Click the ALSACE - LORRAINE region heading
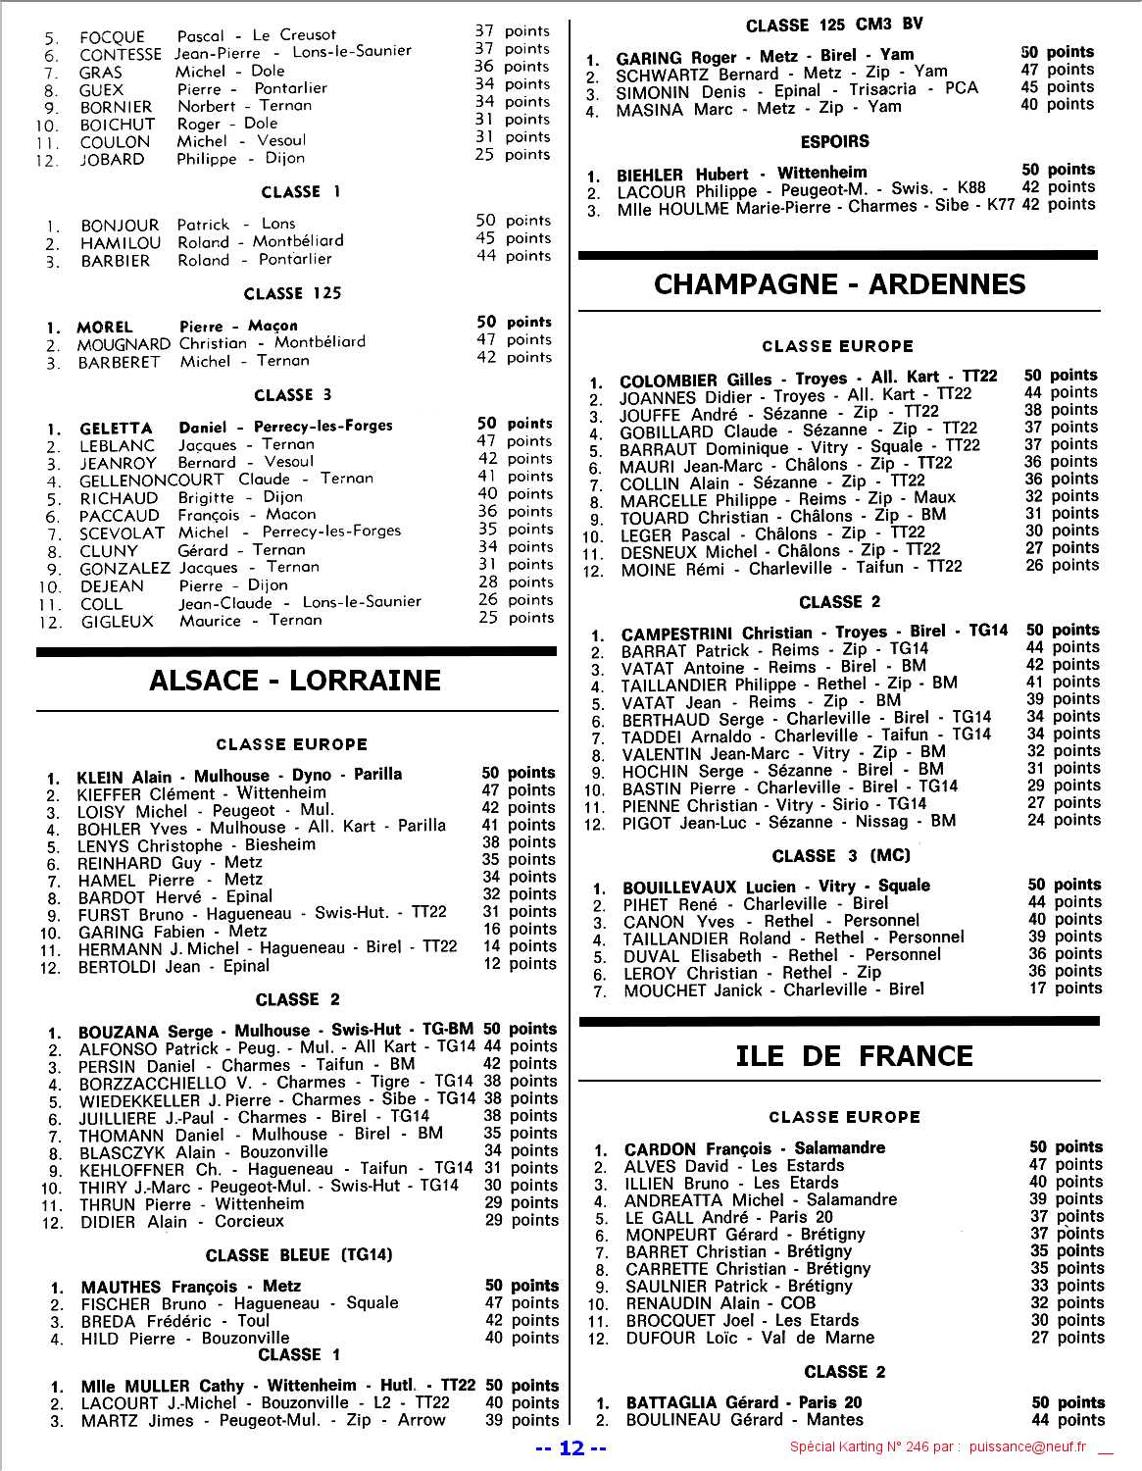coord(294,681)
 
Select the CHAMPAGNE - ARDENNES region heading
coord(839,284)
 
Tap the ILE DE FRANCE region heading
coord(854,1056)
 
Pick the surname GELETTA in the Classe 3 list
coord(116,429)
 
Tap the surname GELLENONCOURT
coord(151,481)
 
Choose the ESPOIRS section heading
coord(834,141)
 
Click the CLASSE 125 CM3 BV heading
coord(834,25)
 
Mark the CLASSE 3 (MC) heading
coord(841,855)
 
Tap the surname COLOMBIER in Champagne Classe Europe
coord(668,380)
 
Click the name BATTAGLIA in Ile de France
coord(673,1403)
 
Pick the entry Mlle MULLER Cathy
coord(163,1386)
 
